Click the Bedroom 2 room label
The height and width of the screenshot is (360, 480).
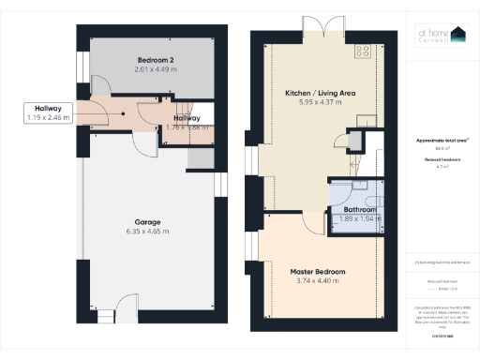pos(155,59)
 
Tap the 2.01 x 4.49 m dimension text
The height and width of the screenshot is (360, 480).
pos(155,69)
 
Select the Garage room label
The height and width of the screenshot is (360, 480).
pos(146,222)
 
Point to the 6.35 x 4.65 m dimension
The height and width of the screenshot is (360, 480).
pos(146,232)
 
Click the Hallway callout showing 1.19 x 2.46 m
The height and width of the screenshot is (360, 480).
pos(48,113)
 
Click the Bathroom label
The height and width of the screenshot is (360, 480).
pos(357,210)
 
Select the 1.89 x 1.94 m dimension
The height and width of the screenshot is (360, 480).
pos(357,218)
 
